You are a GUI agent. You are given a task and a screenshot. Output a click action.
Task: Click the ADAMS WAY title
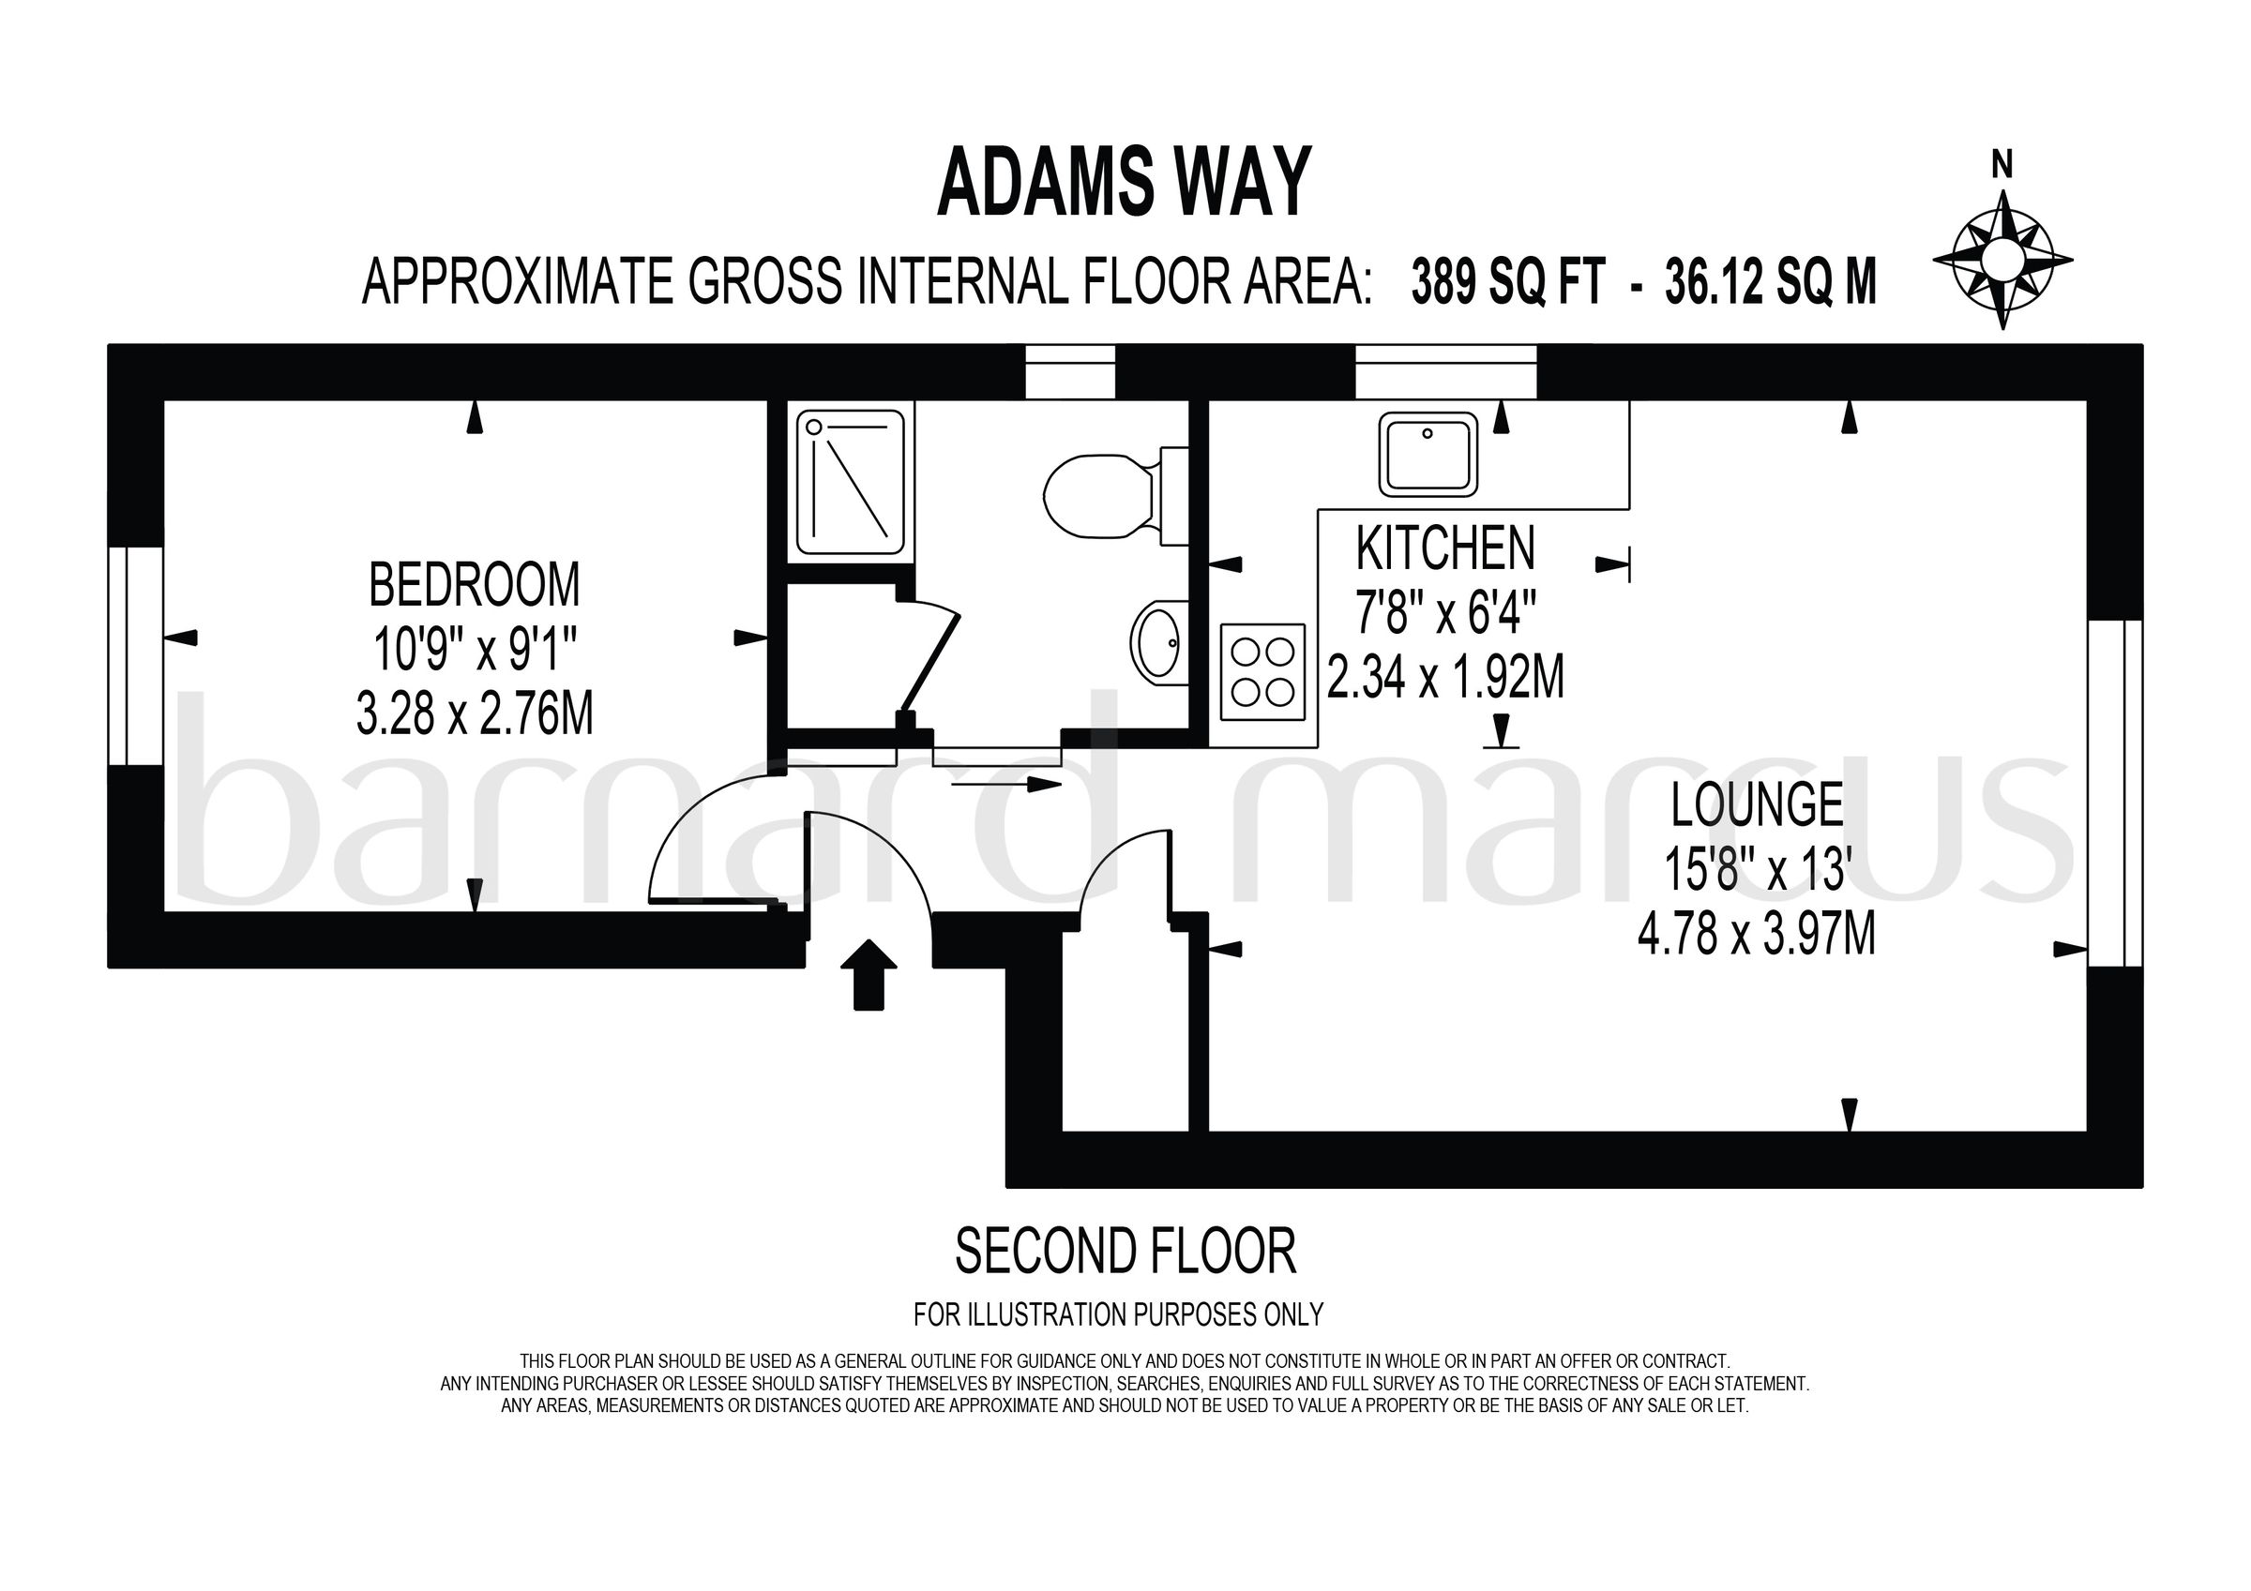[x=1124, y=184]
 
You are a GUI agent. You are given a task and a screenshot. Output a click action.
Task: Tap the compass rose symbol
[x=2002, y=261]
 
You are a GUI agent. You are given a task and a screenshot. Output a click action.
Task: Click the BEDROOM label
[x=475, y=585]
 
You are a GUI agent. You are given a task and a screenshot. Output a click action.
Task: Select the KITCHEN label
[x=1445, y=549]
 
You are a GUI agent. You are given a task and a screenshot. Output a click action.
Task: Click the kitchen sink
[x=1428, y=453]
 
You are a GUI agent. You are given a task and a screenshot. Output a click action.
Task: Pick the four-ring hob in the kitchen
[x=1262, y=671]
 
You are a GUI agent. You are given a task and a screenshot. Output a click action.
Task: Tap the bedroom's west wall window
[x=135, y=656]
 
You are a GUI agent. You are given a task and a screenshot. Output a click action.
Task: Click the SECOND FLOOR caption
[x=1125, y=1252]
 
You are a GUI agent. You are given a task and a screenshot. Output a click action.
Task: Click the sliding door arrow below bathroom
[x=1005, y=784]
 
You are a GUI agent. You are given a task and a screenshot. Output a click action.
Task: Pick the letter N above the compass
[x=2002, y=167]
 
